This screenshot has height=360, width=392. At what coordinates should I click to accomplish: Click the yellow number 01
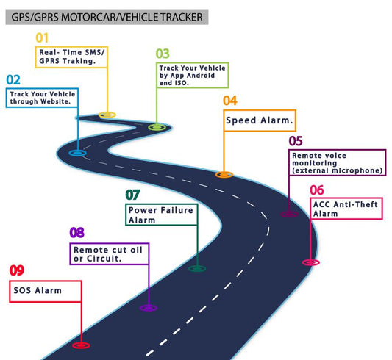[42, 37]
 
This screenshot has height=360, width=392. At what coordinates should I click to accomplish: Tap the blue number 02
[13, 79]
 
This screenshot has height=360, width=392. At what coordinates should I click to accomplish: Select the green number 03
[163, 54]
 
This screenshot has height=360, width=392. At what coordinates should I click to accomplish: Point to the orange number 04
[230, 101]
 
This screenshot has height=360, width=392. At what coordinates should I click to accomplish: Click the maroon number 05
[296, 140]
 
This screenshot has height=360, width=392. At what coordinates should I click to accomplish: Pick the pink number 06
[317, 189]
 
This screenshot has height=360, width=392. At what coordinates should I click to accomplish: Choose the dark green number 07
[132, 195]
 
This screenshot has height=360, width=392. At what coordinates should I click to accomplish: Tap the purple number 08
[76, 233]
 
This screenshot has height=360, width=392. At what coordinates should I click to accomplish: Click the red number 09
[16, 270]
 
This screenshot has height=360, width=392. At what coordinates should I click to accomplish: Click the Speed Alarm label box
[260, 120]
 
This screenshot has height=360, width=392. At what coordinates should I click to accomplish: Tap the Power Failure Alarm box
[161, 215]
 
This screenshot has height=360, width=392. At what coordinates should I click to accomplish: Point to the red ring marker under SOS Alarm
[80, 344]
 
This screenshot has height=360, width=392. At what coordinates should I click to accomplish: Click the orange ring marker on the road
[224, 175]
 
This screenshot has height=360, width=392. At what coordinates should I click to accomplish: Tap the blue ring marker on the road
[76, 153]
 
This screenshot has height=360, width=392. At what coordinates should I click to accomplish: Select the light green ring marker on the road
[156, 127]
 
